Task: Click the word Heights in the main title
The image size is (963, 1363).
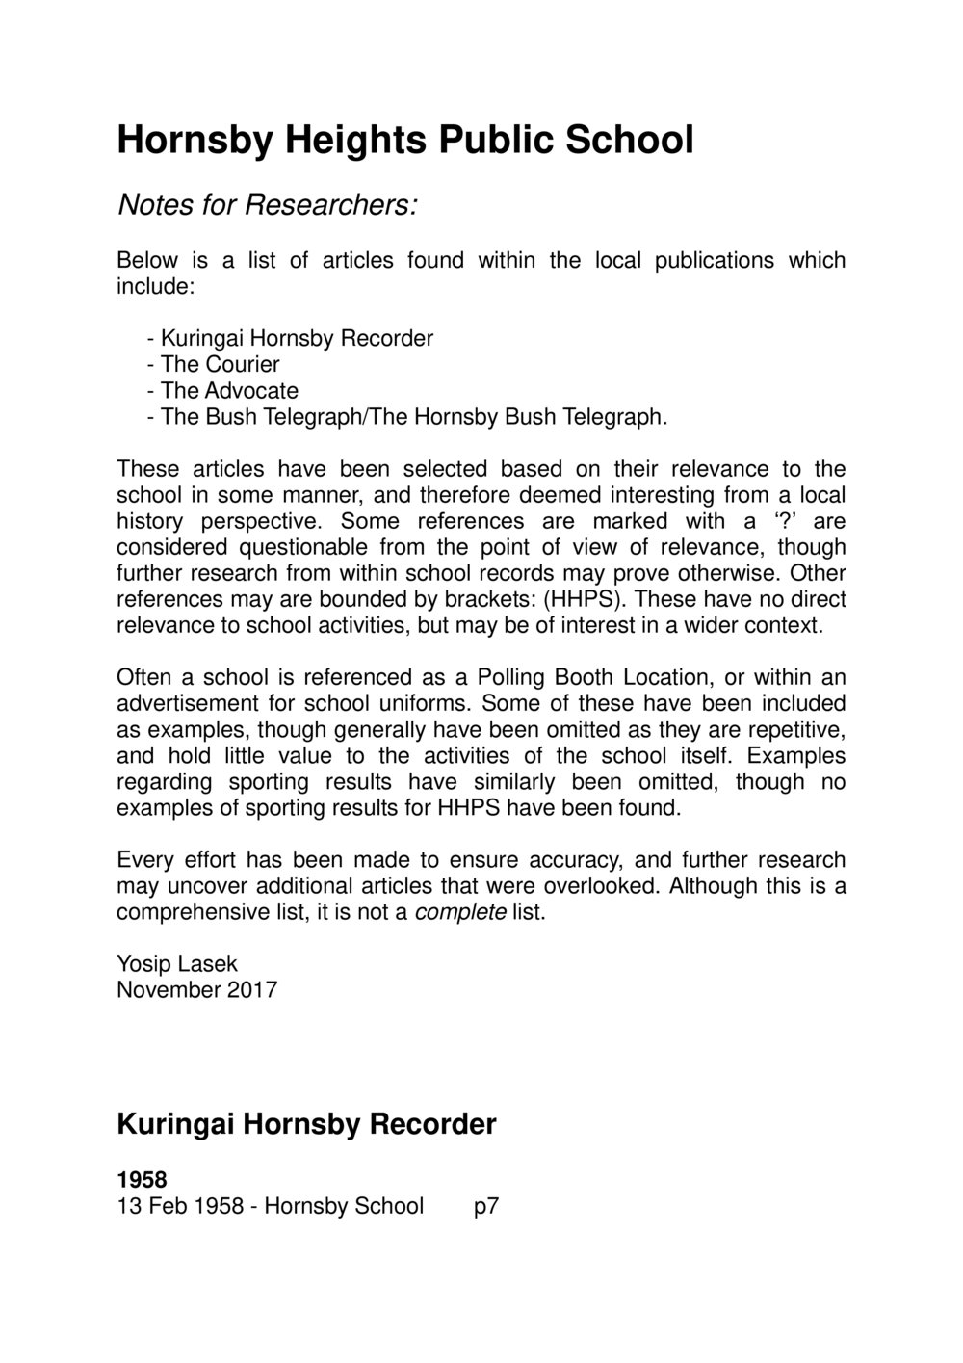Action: pos(352,141)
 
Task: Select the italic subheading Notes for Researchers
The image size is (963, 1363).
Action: pos(267,204)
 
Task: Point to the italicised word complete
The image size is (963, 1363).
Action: pos(459,912)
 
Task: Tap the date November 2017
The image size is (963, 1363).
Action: pos(196,989)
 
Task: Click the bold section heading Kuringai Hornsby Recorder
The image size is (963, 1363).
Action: pos(306,1123)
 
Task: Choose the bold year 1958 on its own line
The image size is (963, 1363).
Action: pos(142,1180)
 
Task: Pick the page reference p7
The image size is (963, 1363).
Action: pos(486,1206)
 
